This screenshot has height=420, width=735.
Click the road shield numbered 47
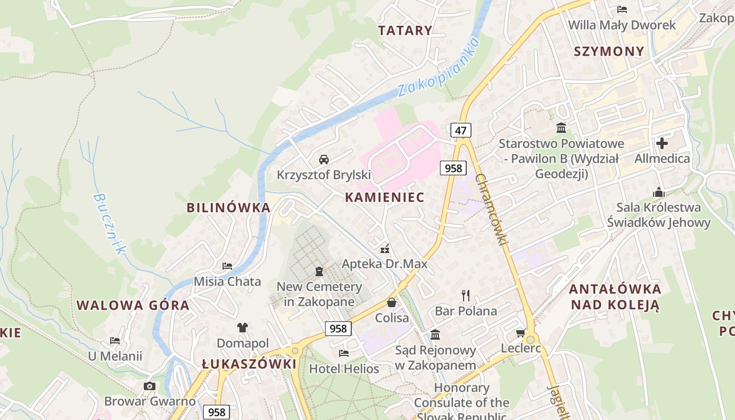pos(460,130)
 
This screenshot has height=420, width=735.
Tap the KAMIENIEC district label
pos(385,197)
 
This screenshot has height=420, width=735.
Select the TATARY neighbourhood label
pos(405,30)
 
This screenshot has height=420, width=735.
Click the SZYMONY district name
pos(609,51)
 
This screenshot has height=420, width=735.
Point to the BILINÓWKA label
pos(228,207)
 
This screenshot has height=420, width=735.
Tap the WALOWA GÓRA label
pos(133,305)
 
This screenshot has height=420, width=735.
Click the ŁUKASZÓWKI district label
pos(249,364)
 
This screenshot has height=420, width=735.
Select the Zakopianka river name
pos(438,67)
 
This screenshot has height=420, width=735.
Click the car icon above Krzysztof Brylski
pos(324,159)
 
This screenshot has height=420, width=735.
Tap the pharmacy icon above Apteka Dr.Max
pos(385,248)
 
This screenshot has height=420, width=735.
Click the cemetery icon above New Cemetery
pos(319,271)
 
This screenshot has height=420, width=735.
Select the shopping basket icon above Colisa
pos(392,302)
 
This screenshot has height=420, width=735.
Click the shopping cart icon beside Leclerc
pos(521,333)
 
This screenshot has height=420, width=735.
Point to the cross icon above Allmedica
pos(662,143)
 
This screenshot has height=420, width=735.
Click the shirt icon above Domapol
pos(242,328)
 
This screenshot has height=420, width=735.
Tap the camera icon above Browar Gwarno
pos(150,386)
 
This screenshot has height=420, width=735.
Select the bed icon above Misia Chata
pos(227,266)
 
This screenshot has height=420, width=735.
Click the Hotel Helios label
pos(344,369)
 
